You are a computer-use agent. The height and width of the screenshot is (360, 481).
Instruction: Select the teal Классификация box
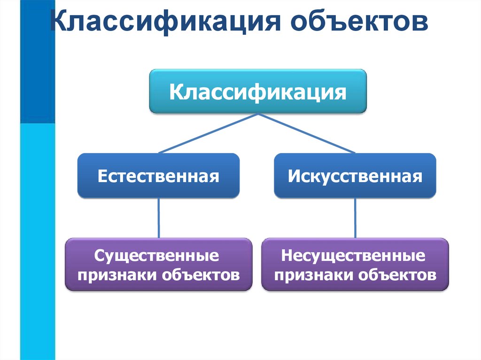257,92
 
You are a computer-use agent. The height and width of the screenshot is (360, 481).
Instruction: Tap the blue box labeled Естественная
159,176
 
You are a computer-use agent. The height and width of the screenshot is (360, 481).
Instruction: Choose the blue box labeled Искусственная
355,176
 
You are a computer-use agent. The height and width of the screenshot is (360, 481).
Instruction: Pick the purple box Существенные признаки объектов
159,265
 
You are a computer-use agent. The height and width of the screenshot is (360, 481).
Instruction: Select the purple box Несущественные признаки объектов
355,265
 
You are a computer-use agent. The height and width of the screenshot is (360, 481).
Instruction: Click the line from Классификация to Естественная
208,133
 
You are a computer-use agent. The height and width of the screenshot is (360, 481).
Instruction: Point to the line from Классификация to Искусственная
306,133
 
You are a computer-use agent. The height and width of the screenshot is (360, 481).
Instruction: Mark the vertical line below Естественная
159,218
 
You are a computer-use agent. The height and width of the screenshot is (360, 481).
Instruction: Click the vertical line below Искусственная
355,218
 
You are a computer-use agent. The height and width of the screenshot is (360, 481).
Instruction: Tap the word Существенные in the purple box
156,256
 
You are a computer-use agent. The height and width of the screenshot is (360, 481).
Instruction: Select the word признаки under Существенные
117,275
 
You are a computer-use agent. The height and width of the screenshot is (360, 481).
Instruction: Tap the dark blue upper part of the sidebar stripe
37,61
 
